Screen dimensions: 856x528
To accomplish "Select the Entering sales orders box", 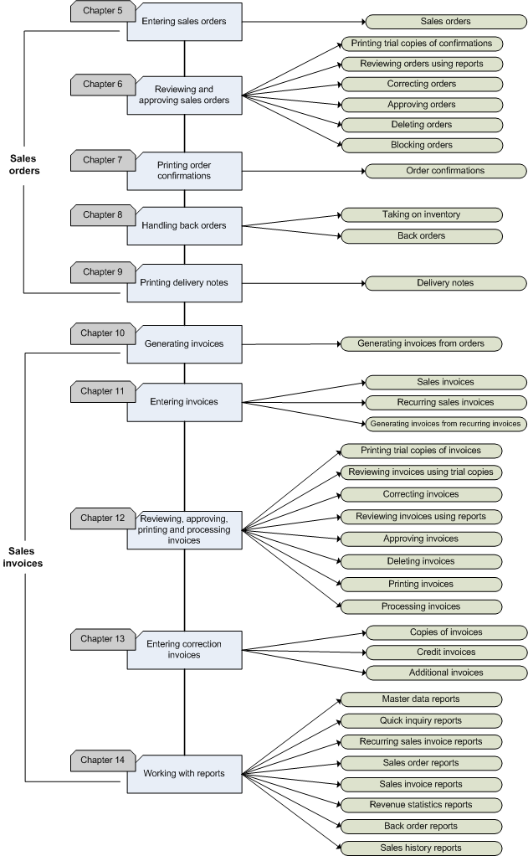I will click(x=184, y=21).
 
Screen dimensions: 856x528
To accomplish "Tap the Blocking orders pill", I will click(x=421, y=145).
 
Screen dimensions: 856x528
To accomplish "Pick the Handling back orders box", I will click(x=184, y=226).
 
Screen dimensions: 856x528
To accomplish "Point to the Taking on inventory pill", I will click(x=421, y=215).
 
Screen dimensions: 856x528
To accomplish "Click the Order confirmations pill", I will click(x=445, y=171).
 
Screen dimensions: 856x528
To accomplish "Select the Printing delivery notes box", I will click(x=184, y=282).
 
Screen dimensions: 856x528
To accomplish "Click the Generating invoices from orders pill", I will click(x=421, y=343).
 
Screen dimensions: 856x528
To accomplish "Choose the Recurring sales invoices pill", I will click(x=445, y=403).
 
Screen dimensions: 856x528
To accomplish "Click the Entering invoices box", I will click(x=184, y=402).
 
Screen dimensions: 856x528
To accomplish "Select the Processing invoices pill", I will click(x=421, y=606).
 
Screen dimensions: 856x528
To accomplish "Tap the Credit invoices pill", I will click(x=445, y=652).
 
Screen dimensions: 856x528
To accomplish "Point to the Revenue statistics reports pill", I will click(x=421, y=805).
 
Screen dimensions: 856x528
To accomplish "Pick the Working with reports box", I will click(x=184, y=773).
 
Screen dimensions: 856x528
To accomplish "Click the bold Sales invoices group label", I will click(x=26, y=557).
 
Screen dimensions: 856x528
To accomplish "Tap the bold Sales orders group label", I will click(x=25, y=164).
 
